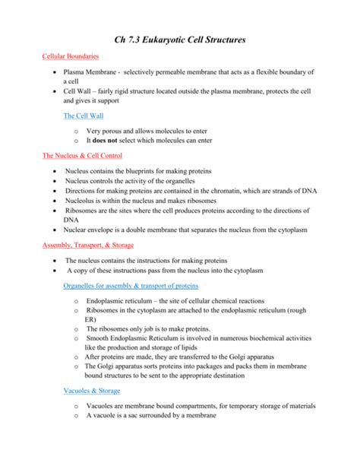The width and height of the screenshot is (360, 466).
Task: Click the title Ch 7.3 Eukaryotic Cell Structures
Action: (x=179, y=38)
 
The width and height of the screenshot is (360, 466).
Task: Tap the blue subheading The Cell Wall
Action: (x=84, y=116)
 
